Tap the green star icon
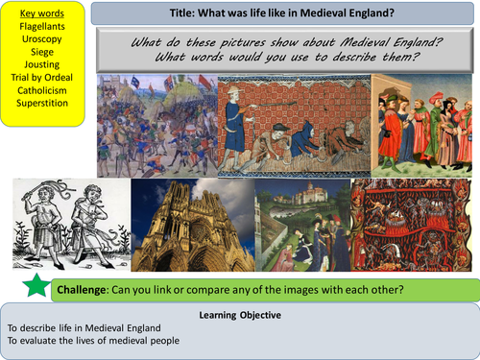31,285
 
